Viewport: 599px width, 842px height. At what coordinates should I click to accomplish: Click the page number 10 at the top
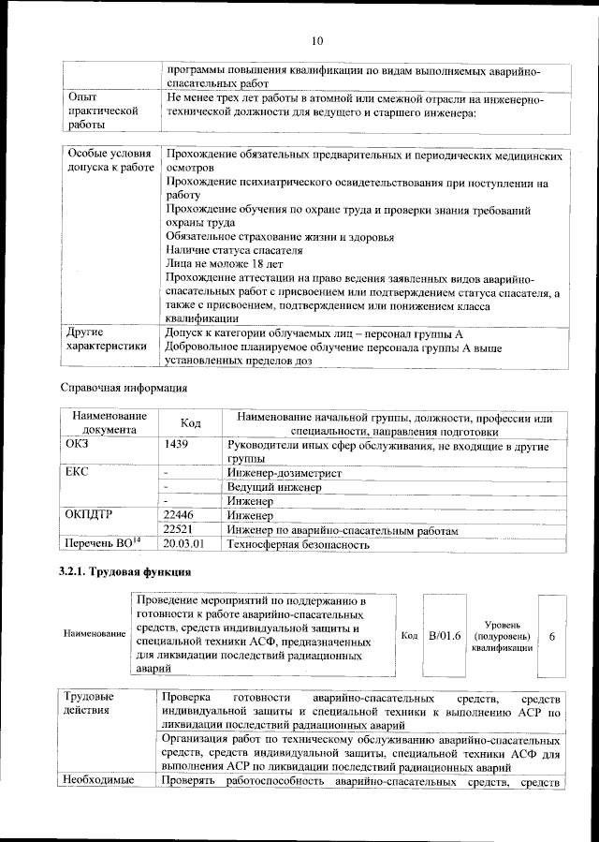pyautogui.click(x=316, y=41)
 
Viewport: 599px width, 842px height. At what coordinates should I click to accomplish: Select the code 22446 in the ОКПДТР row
pyautogui.click(x=179, y=514)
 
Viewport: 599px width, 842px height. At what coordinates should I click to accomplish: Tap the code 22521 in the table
pyautogui.click(x=179, y=529)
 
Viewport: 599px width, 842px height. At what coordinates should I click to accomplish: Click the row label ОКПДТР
pyautogui.click(x=89, y=514)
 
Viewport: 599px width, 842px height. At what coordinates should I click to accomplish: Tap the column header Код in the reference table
pyautogui.click(x=190, y=424)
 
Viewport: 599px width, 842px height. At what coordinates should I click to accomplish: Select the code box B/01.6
pyautogui.click(x=445, y=636)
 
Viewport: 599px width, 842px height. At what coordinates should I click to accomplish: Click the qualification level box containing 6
pyautogui.click(x=552, y=636)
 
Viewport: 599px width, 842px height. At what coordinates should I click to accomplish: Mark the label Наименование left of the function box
pyautogui.click(x=95, y=635)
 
